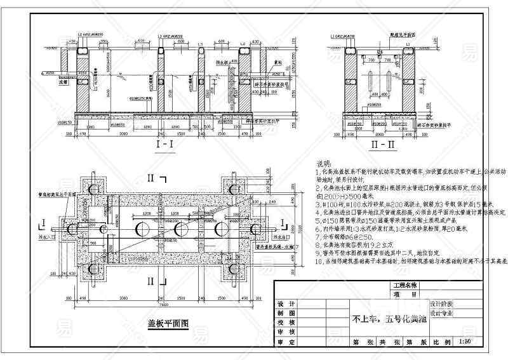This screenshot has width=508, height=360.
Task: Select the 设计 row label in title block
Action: pyautogui.click(x=287, y=303)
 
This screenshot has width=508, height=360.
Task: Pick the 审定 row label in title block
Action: pyautogui.click(x=287, y=342)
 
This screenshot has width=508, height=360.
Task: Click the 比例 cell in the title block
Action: pyautogui.click(x=441, y=342)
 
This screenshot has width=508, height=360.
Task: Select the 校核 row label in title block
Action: pyautogui.click(x=287, y=323)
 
